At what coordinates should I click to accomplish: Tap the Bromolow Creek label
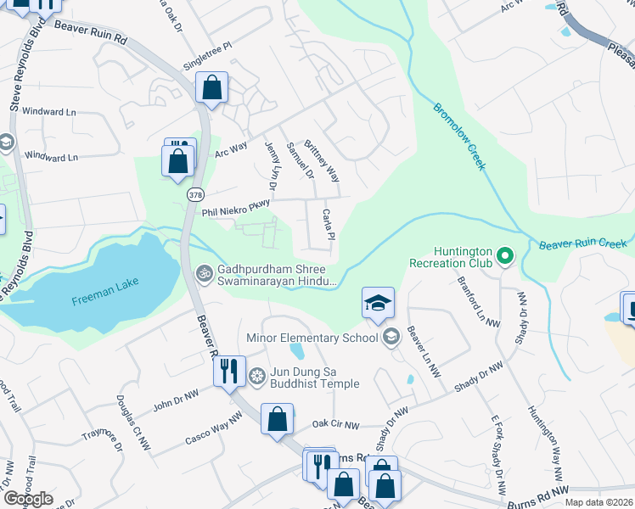tap(459, 137)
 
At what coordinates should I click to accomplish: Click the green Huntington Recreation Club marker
tap(505, 254)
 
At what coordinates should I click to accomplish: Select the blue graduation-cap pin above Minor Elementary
tap(378, 303)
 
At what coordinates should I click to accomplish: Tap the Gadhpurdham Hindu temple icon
tap(204, 273)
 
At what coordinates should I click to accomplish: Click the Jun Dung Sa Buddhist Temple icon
tap(257, 375)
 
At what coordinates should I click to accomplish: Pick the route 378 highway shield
tap(195, 194)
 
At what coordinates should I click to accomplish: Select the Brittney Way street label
tap(322, 161)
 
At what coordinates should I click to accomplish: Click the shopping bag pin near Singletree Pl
tap(211, 87)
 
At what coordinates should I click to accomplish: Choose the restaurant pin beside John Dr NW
tap(228, 372)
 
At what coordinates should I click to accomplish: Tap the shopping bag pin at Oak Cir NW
tap(277, 419)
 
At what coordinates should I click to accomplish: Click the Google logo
tap(28, 499)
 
